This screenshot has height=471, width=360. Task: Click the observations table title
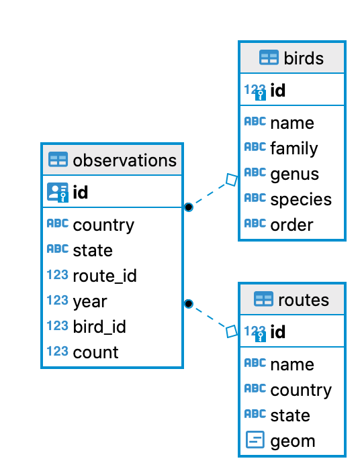coord(124,160)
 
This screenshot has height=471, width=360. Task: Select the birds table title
coord(304,58)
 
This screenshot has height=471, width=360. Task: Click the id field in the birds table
coord(277,91)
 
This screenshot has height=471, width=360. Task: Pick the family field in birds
coord(294,148)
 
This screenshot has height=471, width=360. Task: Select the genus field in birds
coord(294,174)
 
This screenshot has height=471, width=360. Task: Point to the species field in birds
coord(300,199)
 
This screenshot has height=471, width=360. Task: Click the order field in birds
coord(291,225)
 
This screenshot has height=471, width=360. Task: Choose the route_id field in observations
coord(105,276)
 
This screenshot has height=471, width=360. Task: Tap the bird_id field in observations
coord(99,327)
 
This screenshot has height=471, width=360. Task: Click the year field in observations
coord(90,301)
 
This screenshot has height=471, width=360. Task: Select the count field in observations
coord(95,352)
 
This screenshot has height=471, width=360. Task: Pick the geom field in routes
coord(292,441)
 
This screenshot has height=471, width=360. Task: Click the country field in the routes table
coord(300,390)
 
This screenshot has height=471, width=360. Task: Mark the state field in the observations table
coord(93,250)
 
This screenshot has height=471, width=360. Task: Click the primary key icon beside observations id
coord(58,193)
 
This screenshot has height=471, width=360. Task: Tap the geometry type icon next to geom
coord(255,440)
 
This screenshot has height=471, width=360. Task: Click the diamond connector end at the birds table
coord(232,180)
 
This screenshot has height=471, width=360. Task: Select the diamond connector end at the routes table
coord(232,331)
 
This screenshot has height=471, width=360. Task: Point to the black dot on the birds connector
coord(189,207)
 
